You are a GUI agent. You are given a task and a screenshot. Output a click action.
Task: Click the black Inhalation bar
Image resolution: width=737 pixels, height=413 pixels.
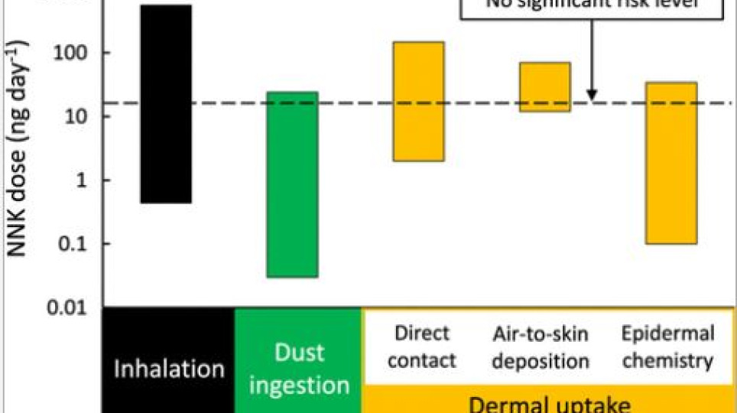click(166, 103)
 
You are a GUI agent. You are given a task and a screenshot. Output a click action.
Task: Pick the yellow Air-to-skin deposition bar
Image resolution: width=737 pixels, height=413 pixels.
click(544, 86)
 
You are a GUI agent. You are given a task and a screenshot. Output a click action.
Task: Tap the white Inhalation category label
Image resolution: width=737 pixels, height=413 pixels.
click(168, 369)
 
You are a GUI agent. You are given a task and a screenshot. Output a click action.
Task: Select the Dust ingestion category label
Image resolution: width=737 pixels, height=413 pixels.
click(297, 368)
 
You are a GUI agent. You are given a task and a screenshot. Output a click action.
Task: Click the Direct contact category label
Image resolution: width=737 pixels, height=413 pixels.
click(422, 346)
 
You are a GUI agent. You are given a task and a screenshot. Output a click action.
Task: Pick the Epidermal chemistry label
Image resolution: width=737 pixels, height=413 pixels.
click(667, 346)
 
